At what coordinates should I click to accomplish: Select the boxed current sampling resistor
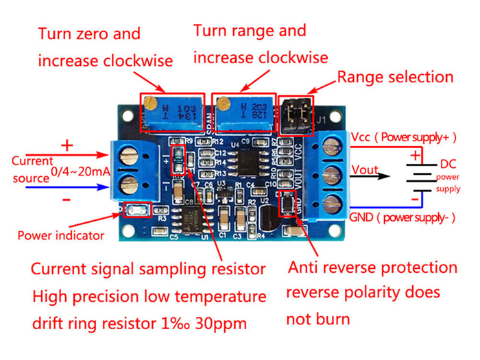[178, 162]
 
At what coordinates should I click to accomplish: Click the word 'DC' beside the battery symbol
[447, 165]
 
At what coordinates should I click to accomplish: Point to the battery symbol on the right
[415, 177]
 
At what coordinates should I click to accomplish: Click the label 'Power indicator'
[60, 235]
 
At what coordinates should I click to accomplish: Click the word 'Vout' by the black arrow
[365, 169]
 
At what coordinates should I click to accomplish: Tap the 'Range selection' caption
[394, 77]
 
